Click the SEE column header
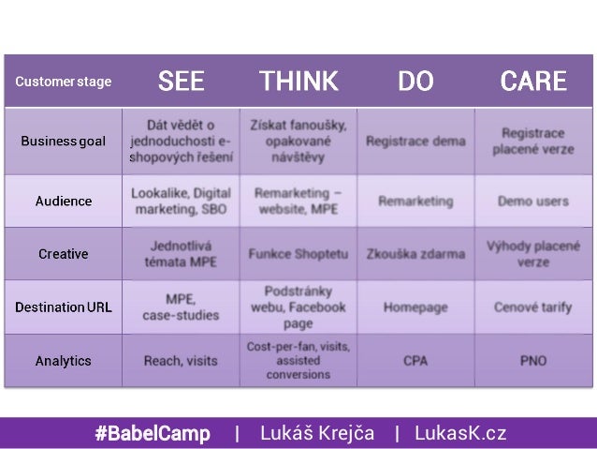pos(181,82)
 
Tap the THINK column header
pos(298,82)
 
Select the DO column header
pos(415,82)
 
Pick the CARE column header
pos(532,82)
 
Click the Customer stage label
pos(63,82)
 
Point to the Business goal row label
pos(64,141)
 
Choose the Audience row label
pos(64,201)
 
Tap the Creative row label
pos(64,253)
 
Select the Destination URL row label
pos(64,307)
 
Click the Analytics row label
pos(64,360)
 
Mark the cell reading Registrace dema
pos(415,142)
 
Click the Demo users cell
pos(532,201)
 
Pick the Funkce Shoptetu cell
pos(298,254)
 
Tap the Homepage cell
pos(415,307)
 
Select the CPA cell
pos(415,360)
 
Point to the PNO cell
pos(532,360)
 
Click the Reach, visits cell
pos(181,360)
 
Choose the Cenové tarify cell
pos(532,307)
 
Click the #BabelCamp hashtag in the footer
pos(152,433)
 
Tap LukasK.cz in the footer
pos(462,433)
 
